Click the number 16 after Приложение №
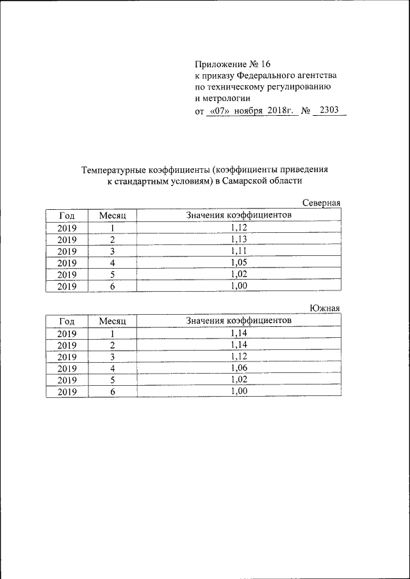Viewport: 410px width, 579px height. pos(266,64)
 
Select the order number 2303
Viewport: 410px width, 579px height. pos(329,110)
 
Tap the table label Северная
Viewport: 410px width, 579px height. pos(322,203)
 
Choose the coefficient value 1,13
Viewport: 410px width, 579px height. pos(238,239)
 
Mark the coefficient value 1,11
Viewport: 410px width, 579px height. pos(238,251)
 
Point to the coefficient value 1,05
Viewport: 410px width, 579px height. pos(238,262)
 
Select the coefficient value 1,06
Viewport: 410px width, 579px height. pos(238,367)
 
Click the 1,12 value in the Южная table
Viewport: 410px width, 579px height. pos(238,356)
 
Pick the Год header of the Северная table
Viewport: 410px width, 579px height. pos(67,216)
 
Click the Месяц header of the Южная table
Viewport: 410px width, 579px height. pos(112,321)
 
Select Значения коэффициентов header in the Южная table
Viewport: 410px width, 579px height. pos(239,320)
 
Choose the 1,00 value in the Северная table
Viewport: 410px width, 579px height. pos(238,286)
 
